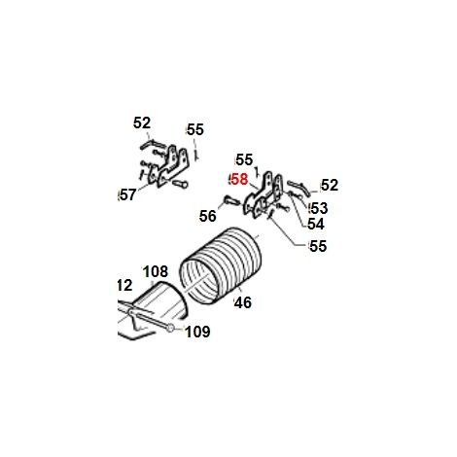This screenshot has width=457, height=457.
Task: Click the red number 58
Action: pos(240,180)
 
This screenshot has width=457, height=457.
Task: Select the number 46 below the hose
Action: pos(243,302)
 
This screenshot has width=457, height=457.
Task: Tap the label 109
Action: pos(197,332)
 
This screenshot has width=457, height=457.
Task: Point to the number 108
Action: pos(156,271)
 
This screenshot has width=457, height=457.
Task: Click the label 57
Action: pos(128,195)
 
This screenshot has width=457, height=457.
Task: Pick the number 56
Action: pos(208,216)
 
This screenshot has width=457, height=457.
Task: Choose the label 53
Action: pos(319,208)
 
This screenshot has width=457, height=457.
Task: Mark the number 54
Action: pos(316,224)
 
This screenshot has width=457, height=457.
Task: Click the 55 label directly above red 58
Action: pos(244,159)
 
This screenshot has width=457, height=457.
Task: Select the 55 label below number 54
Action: pos(318,246)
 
